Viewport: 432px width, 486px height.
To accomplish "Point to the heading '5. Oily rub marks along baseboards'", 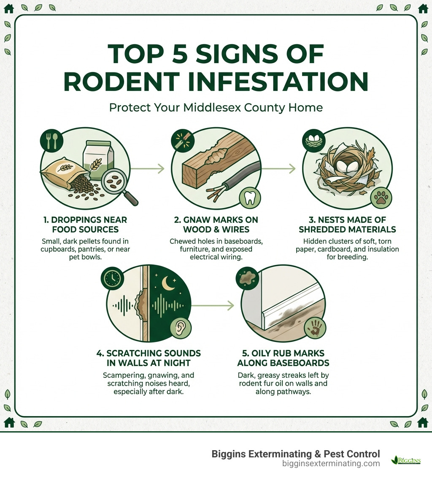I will point(283,358).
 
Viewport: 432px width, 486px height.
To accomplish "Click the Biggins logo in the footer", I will point(406,459).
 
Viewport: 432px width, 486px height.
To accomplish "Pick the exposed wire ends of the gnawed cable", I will point(213,193).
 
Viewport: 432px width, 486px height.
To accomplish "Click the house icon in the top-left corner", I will point(9,8).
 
